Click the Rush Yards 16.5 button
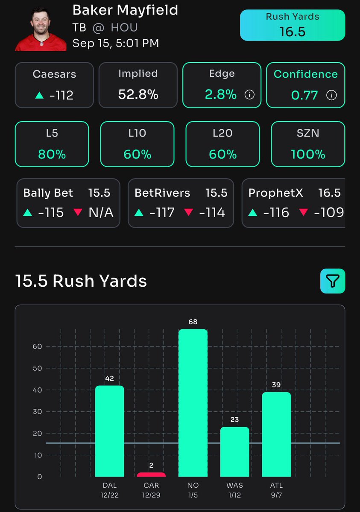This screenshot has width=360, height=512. (x=292, y=25)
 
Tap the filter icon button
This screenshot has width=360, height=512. (x=332, y=281)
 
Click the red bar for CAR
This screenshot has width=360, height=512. (x=151, y=474)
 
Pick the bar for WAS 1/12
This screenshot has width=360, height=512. (x=234, y=451)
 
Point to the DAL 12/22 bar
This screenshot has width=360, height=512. (x=109, y=431)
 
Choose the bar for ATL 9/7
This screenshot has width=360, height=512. (x=276, y=434)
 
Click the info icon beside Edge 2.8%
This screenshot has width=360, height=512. (x=249, y=95)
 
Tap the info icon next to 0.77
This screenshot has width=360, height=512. (x=331, y=95)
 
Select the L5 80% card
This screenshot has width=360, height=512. (x=52, y=144)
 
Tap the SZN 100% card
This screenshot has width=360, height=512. (x=307, y=144)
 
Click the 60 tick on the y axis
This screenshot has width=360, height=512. (x=37, y=346)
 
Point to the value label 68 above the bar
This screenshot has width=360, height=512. (x=193, y=322)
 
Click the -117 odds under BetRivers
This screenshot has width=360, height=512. (x=158, y=212)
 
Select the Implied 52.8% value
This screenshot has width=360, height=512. (x=138, y=94)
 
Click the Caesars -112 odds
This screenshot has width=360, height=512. (x=61, y=95)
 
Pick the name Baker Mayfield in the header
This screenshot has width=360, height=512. (x=125, y=10)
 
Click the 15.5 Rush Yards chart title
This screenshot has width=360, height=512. (x=81, y=281)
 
